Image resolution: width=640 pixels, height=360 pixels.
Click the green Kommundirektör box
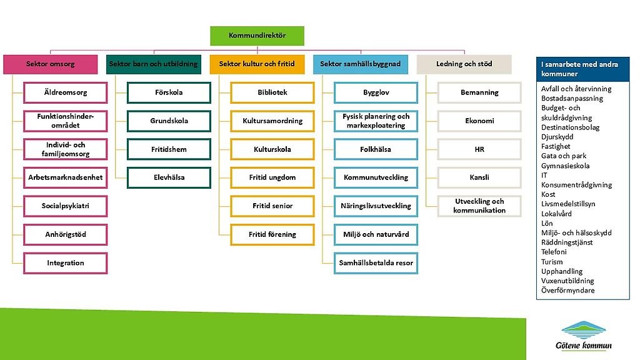coord(257,36)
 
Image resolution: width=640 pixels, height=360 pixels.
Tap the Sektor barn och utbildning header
coord(153,64)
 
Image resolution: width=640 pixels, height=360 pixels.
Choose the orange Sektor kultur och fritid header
coord(257,64)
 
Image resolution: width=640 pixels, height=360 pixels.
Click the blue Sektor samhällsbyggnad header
coord(360,64)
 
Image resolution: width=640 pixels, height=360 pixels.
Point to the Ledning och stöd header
coord(464,64)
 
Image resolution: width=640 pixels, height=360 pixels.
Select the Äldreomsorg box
coord(65,92)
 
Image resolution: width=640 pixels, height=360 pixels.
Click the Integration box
coord(65,262)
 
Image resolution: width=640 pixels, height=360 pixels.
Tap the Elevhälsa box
coord(169,177)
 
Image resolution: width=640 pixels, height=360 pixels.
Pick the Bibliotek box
coord(272,92)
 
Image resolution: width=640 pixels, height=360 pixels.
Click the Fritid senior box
coord(272,206)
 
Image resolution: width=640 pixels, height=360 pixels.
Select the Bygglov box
coord(376,92)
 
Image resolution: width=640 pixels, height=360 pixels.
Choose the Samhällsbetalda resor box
coord(376,262)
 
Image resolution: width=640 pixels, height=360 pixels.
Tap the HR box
coord(479,149)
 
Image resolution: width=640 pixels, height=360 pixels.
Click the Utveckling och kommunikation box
coord(479,206)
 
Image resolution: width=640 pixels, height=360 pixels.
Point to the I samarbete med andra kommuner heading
coord(582,69)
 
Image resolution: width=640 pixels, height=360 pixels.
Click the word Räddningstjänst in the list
coord(567,242)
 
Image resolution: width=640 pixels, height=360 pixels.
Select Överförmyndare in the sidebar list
coord(567,291)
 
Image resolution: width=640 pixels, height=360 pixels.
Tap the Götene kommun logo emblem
coord(583,329)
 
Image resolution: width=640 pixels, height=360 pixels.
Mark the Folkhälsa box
coord(376,149)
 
